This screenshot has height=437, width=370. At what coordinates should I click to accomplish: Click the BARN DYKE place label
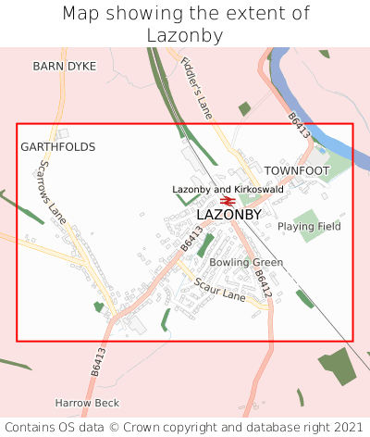coord(64,67)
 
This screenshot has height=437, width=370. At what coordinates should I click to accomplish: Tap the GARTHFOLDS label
coord(58,147)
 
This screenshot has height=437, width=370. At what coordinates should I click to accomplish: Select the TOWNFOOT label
coord(297,171)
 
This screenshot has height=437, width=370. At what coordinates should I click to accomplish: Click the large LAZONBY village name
coord(229,215)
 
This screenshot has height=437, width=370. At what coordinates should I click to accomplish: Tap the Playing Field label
coord(309,226)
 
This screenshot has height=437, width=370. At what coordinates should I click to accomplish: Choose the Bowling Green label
coord(246,263)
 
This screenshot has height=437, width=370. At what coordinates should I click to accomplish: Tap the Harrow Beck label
coord(87,404)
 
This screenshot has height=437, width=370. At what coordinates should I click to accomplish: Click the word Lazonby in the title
coord(185,36)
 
